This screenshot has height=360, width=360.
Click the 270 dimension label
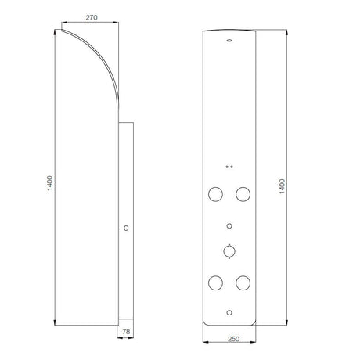point(92,17)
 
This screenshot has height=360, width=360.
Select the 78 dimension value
point(126,332)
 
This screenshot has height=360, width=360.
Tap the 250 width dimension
point(233,339)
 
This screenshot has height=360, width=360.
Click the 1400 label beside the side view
point(50,183)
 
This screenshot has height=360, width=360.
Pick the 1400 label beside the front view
point(283,186)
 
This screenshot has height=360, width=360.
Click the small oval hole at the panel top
point(229,41)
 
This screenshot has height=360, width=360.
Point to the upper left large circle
point(215,194)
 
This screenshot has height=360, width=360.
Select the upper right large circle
point(243,194)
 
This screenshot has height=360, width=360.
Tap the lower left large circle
point(215,283)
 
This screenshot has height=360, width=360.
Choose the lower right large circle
point(243,283)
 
